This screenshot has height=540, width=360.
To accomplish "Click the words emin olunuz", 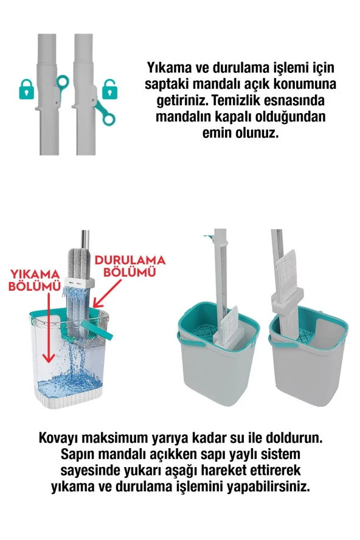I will [x=240, y=133].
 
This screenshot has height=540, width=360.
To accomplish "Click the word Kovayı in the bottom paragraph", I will [x=60, y=438].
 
